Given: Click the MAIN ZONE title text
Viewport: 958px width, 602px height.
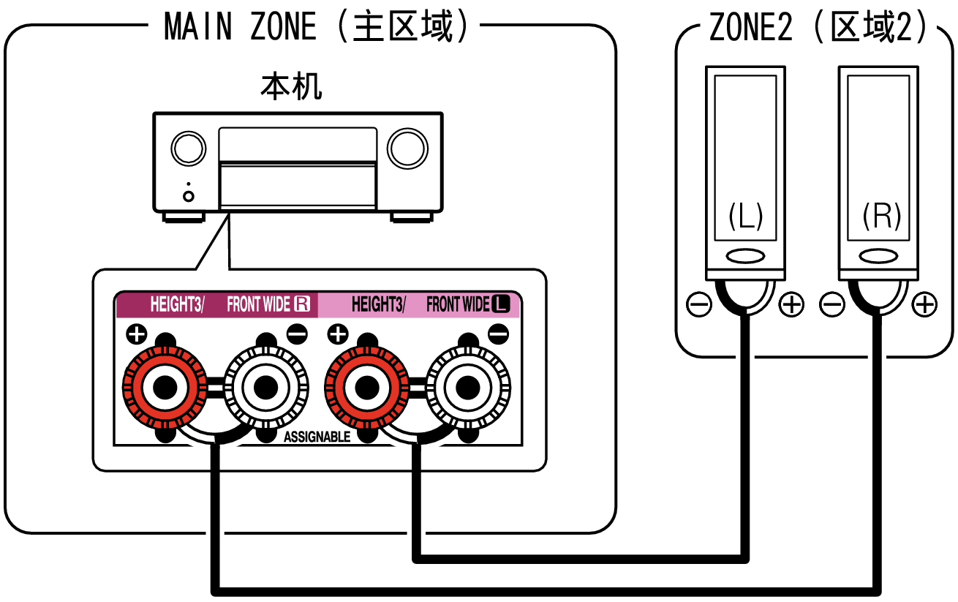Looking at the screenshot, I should click(x=314, y=27).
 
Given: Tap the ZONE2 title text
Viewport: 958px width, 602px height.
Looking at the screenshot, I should click(x=819, y=27).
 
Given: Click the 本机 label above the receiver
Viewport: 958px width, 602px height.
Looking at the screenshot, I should click(x=291, y=88).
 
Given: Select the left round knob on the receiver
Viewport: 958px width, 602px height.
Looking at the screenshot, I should click(x=188, y=148).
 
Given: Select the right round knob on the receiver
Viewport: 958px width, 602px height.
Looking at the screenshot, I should click(x=407, y=148).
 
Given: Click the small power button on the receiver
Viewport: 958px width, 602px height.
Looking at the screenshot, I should click(x=189, y=196).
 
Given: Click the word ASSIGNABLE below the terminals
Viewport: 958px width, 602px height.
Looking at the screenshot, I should click(x=317, y=437).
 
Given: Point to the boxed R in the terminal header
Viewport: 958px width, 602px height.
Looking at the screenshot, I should click(x=302, y=304).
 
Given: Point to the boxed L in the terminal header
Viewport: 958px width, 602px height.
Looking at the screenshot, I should click(x=501, y=304).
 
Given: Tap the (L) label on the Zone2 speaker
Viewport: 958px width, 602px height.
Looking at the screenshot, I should click(x=745, y=216).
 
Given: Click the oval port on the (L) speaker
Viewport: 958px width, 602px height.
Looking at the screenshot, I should click(x=745, y=257).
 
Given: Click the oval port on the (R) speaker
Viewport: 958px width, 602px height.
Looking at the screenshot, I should click(x=878, y=257).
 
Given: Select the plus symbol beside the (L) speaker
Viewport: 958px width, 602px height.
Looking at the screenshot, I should click(x=791, y=304).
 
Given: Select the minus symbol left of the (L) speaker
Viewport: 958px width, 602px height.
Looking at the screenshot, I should click(x=699, y=304).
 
